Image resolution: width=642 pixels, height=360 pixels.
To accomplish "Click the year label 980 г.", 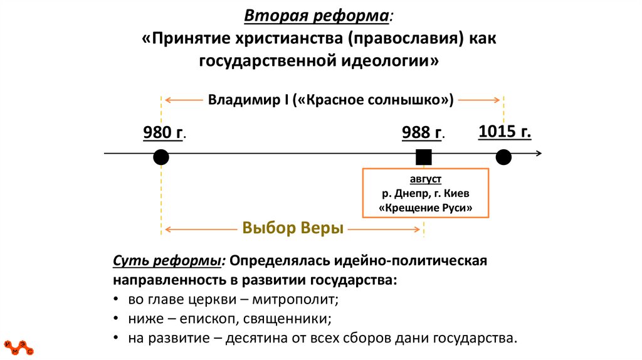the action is pos(165,132).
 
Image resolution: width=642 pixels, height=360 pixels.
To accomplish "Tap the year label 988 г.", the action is pos(423,132).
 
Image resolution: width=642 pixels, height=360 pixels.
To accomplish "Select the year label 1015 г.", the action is pos(505,131).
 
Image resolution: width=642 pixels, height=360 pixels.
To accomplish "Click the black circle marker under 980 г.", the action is pos(161,157).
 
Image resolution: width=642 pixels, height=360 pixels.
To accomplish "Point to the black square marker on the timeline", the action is pos(424,157).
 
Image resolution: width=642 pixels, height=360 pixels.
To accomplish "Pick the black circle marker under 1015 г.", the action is pos(503,157).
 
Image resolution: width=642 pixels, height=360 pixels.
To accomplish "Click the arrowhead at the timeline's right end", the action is pos(539,153).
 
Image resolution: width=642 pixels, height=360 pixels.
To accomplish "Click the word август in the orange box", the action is pos(425,179).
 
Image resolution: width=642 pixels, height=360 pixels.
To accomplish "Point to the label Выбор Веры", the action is pos(293,228).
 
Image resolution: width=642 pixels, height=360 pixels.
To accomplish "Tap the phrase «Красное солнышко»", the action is pos(373,100).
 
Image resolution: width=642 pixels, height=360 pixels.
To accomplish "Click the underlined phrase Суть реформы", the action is pos(167,260).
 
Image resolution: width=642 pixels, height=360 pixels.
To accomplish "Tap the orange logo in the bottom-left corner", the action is pos(18,347).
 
